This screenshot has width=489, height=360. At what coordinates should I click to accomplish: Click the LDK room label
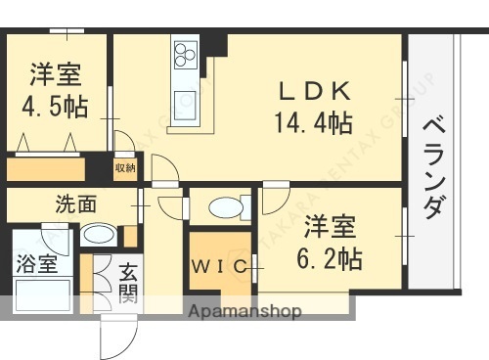315,92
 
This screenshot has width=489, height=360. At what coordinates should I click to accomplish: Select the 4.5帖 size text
54,107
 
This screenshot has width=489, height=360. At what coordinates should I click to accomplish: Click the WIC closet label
220,265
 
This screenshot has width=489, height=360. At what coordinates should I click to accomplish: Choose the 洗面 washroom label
75,205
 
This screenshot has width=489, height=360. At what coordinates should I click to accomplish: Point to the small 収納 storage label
124,168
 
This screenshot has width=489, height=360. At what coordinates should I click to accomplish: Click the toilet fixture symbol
226,207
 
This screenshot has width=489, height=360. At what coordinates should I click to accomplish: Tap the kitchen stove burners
186,51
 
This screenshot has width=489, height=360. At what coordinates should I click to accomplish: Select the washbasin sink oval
97,234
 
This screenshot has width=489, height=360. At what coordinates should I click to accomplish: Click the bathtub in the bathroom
40,294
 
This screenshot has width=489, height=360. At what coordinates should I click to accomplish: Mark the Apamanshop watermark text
248,312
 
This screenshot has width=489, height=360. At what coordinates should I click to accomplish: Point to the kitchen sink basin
185,99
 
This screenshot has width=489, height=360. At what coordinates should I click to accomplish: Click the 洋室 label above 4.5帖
55,74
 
